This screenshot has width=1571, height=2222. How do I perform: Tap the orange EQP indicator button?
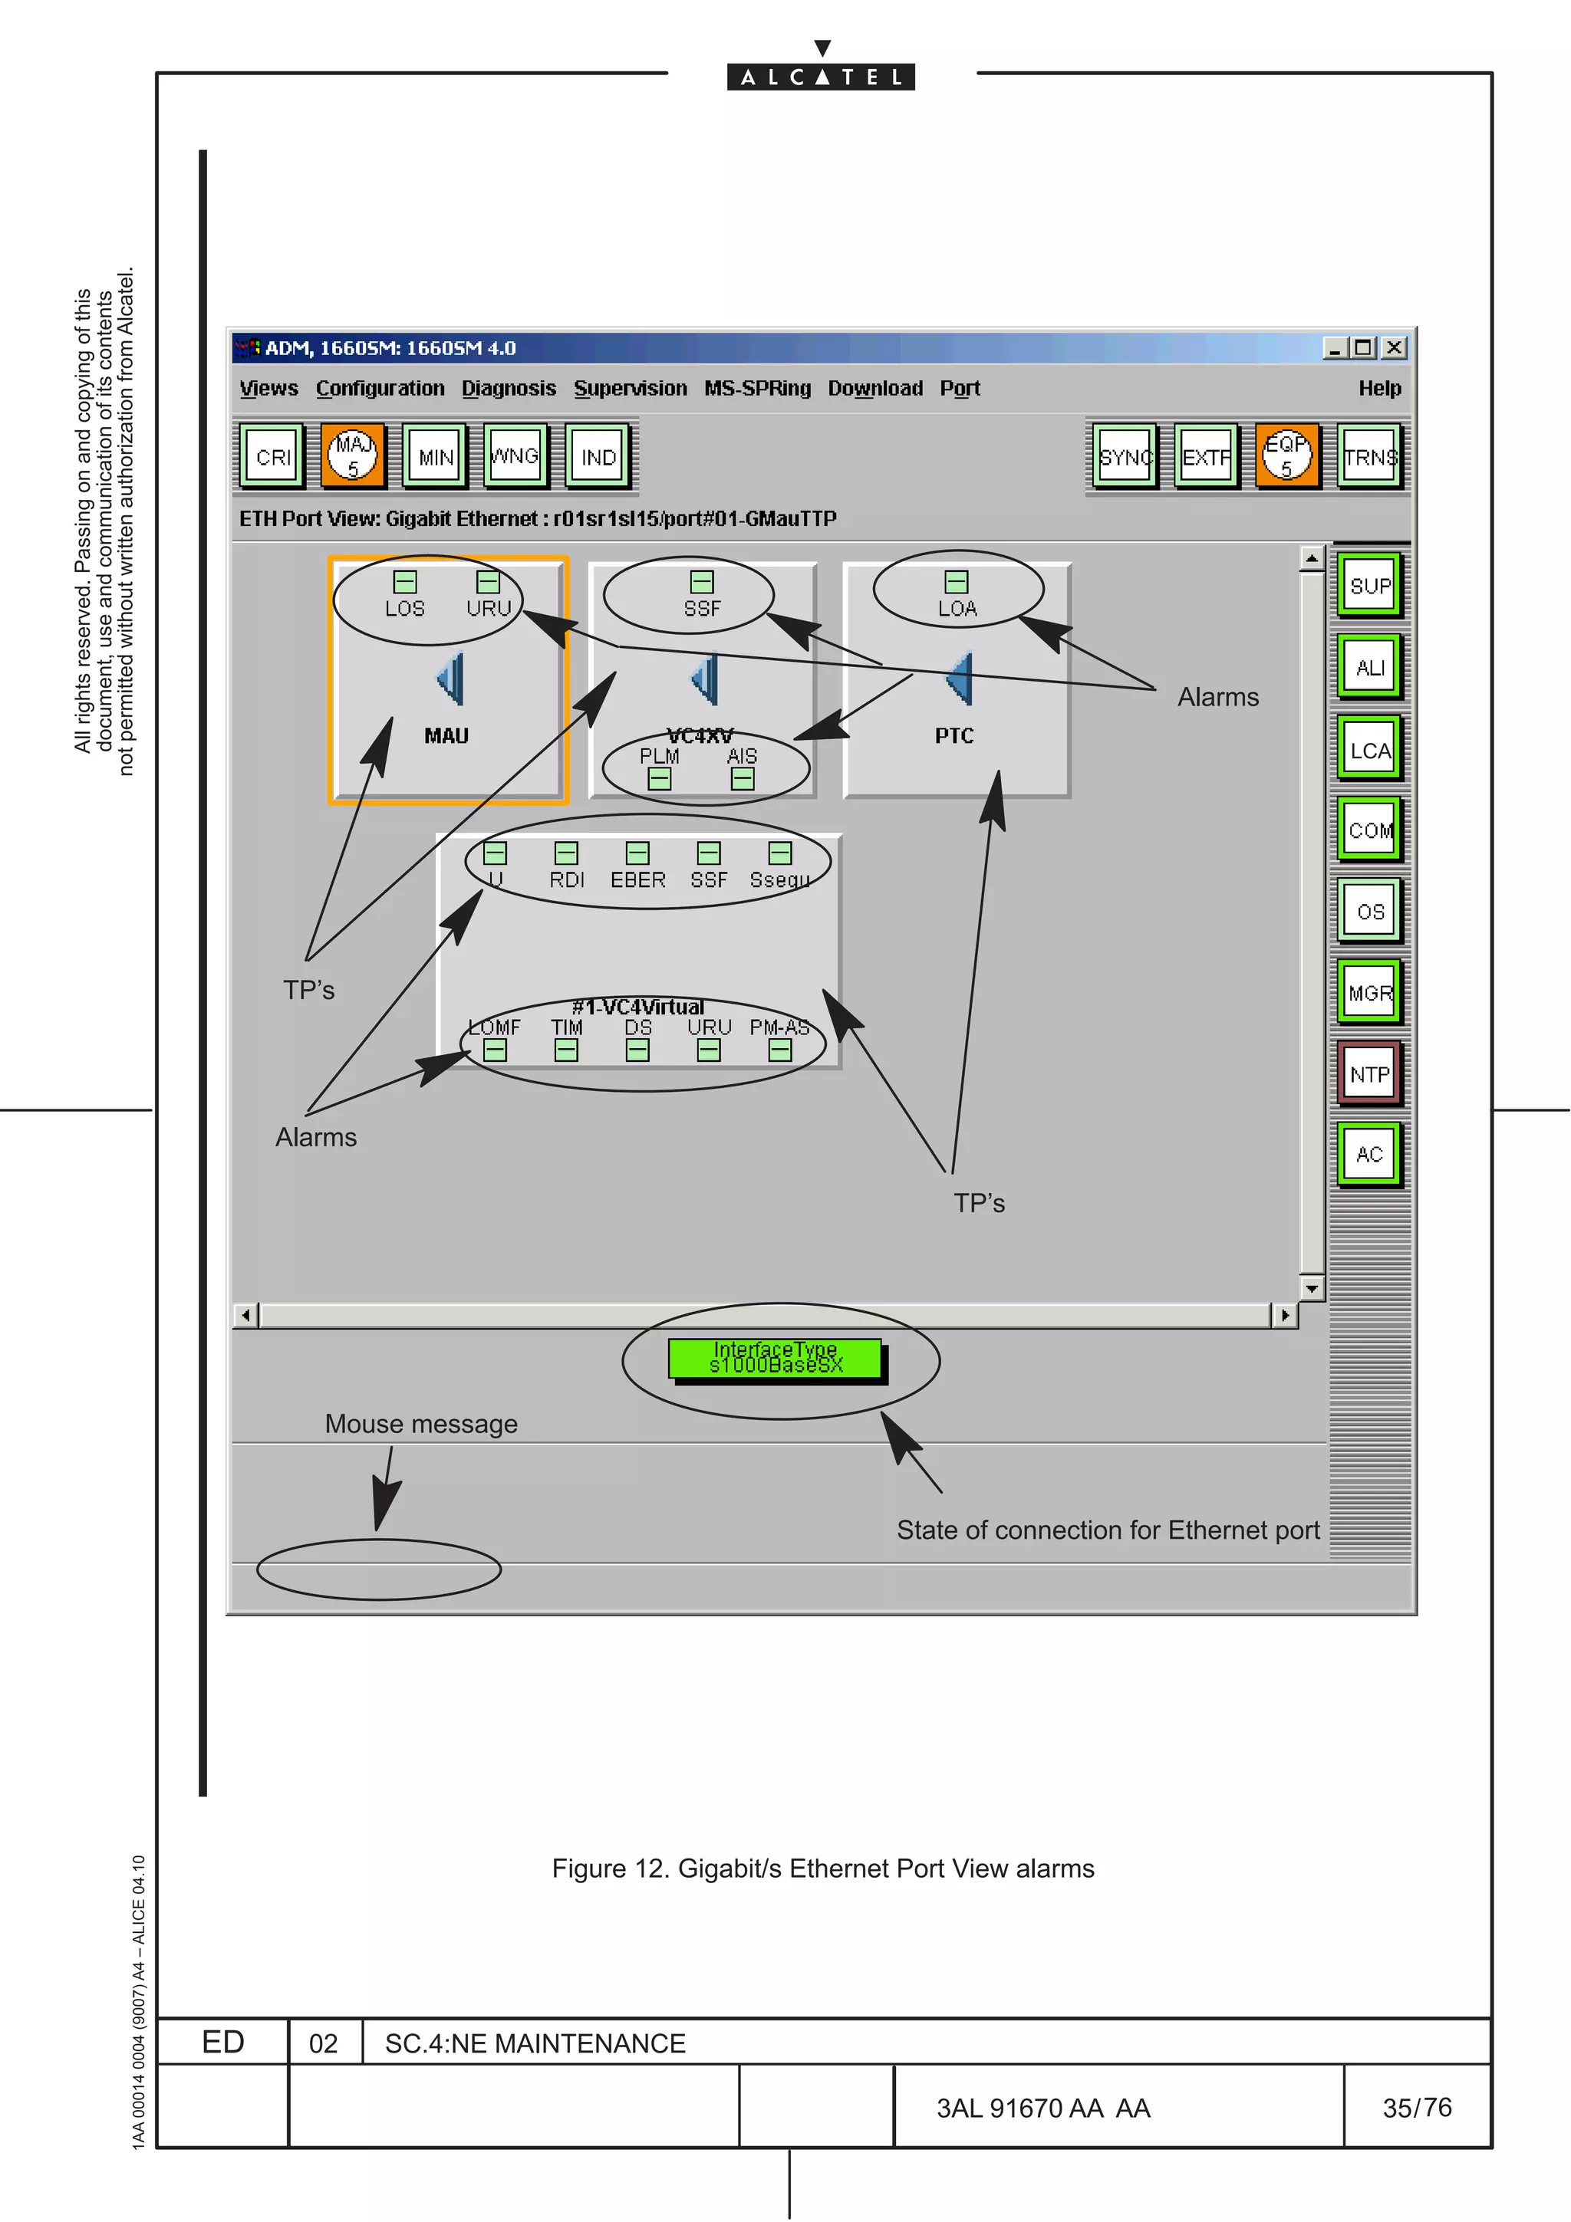coord(1286,455)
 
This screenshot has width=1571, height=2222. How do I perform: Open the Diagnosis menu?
coord(508,388)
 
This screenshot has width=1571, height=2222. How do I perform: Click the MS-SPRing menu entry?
coord(757,388)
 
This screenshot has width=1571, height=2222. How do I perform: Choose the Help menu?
coord(1378,388)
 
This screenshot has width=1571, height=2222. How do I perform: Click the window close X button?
coord(1393,347)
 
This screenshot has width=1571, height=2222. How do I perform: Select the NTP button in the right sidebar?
coord(1368,1073)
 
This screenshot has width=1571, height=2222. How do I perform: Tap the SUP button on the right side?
coord(1368,586)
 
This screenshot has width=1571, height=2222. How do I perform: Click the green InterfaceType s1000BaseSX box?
coord(776,1357)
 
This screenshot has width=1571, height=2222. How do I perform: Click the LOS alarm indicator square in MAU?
coord(404,582)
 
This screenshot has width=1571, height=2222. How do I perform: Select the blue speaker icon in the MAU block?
coord(451,679)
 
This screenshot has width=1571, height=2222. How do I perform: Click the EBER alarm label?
coord(637,879)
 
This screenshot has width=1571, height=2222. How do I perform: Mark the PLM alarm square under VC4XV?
coord(659,778)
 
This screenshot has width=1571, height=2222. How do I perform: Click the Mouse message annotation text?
coord(421,1424)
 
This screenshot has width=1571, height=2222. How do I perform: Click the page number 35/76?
coord(1416,2107)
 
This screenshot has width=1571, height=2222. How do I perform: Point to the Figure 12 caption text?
coord(823,1868)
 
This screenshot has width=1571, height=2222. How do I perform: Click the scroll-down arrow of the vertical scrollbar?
coord(1312,1288)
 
